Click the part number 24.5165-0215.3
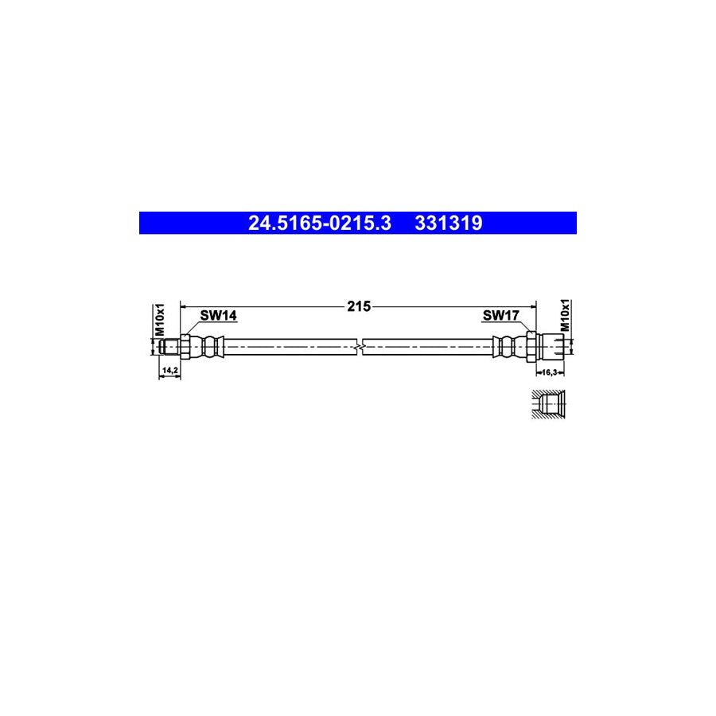319,224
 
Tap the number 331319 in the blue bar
448,224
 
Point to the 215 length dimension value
359,306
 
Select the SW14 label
218,316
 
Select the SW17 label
500,316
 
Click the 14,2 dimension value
169,371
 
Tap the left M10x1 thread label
159,319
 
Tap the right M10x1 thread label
566,316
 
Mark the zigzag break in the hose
362,346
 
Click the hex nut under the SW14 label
185,346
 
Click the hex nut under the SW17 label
531,346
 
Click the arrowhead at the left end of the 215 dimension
185,305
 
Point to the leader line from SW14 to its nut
192,328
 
